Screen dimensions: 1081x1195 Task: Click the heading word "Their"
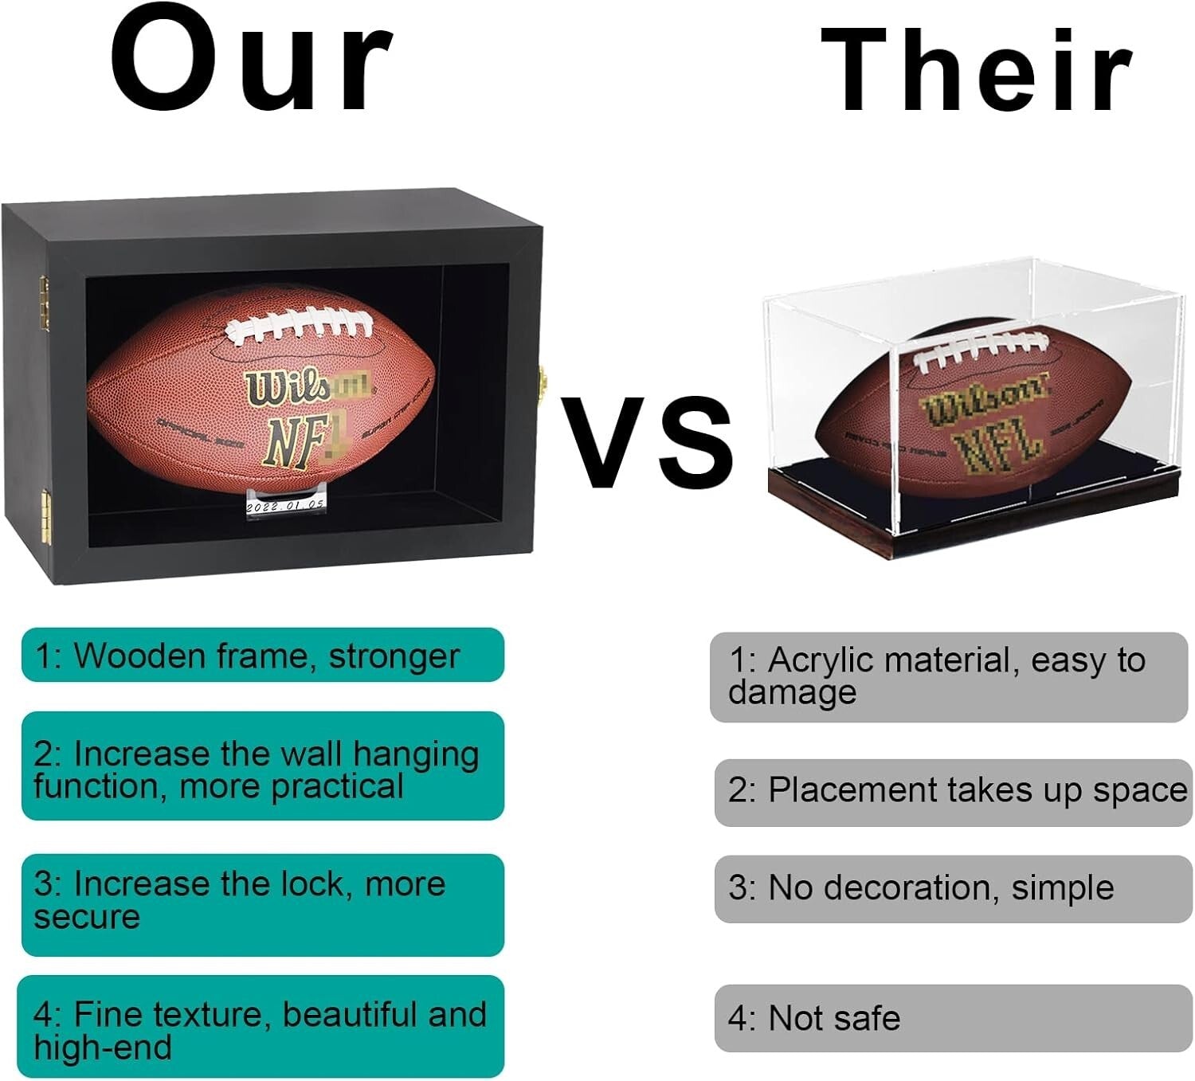(976, 70)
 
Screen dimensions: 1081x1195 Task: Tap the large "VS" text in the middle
(647, 442)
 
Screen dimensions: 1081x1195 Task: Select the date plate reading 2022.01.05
(284, 505)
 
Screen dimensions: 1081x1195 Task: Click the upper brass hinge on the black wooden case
(45, 302)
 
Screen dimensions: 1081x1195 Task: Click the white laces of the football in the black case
(298, 328)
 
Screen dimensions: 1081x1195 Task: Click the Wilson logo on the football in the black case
(308, 389)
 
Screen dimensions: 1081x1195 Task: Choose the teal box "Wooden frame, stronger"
(263, 656)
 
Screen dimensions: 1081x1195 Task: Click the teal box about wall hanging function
(263, 767)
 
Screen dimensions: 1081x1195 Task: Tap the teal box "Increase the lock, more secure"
(263, 904)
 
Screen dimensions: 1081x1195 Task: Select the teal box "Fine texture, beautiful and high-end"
(263, 1027)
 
